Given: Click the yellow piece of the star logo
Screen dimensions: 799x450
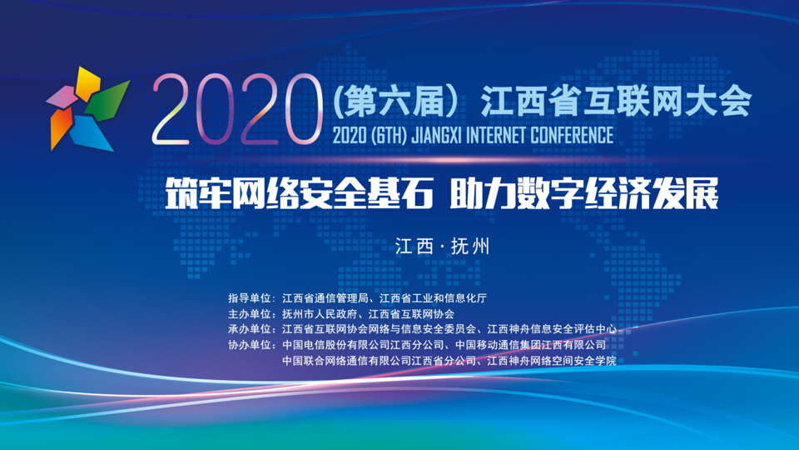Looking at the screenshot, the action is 87,82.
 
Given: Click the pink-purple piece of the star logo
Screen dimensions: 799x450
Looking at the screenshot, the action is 63,97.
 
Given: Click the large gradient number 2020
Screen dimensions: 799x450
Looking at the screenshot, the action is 237,110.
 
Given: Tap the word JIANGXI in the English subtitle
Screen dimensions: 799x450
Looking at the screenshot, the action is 436,135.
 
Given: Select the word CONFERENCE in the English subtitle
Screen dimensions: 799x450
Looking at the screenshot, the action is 572,135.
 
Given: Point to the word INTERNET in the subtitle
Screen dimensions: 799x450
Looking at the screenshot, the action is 496,135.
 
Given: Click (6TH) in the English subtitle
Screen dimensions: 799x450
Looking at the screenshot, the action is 389,135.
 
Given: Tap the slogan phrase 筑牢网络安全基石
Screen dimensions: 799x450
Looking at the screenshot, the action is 299,193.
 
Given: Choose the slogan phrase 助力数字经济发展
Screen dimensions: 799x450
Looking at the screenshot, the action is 584,193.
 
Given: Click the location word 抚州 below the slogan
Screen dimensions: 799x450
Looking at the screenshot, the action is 470,247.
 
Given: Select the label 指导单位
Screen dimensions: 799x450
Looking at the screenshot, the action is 249,298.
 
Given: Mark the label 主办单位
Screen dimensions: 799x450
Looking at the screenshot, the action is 249,314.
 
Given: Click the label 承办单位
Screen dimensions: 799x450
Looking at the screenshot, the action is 249,329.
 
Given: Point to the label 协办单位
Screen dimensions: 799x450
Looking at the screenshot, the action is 249,345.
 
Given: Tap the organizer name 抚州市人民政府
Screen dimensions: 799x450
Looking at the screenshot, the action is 320,314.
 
